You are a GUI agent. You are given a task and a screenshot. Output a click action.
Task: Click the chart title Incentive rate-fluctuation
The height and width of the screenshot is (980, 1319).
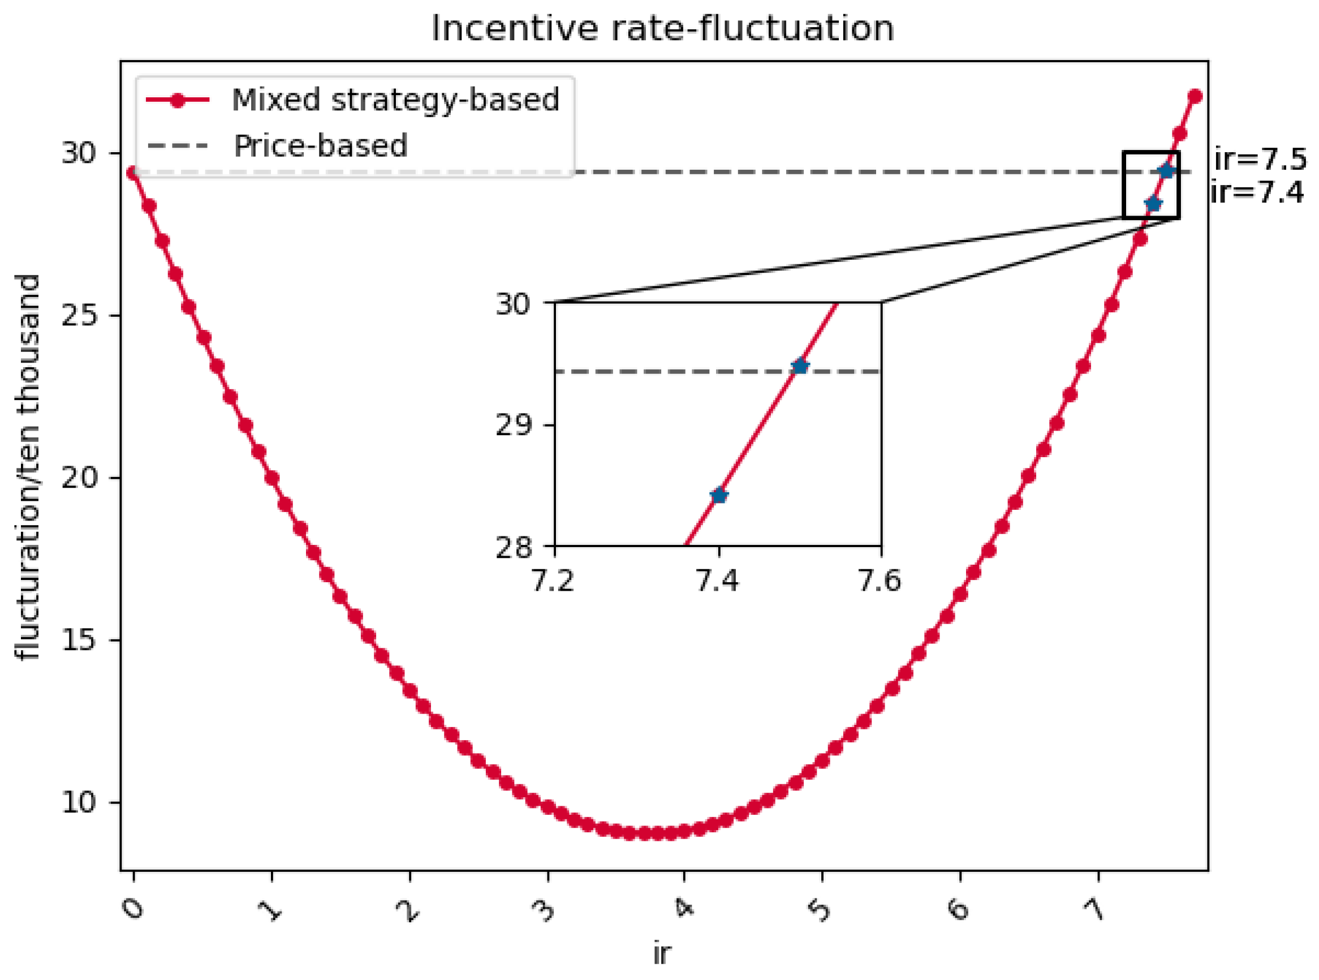pyautogui.click(x=662, y=28)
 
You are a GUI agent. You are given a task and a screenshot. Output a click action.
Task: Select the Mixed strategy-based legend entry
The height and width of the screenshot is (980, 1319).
pyautogui.click(x=395, y=100)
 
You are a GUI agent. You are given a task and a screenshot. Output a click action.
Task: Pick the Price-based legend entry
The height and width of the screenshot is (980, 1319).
pyautogui.click(x=320, y=146)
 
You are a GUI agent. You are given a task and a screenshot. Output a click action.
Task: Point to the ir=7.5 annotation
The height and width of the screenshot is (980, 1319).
pyautogui.click(x=1260, y=159)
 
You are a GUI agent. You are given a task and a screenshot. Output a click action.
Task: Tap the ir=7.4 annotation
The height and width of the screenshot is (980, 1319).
pyautogui.click(x=1257, y=193)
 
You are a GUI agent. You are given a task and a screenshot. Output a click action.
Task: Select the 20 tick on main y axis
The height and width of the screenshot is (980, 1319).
pyautogui.click(x=78, y=478)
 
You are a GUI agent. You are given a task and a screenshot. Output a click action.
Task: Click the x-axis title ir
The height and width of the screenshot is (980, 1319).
pyautogui.click(x=662, y=954)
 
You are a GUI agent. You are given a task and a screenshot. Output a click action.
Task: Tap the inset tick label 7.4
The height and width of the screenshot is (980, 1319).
pyautogui.click(x=718, y=581)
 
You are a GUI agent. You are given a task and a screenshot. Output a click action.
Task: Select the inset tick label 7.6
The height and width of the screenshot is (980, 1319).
pyautogui.click(x=880, y=581)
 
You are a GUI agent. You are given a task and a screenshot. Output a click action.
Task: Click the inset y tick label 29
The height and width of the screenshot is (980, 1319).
pyautogui.click(x=512, y=425)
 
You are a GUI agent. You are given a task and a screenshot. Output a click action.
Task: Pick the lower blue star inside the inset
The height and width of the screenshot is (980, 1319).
pyautogui.click(x=719, y=495)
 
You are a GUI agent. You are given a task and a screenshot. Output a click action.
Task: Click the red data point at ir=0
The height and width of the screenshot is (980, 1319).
pyautogui.click(x=134, y=173)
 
